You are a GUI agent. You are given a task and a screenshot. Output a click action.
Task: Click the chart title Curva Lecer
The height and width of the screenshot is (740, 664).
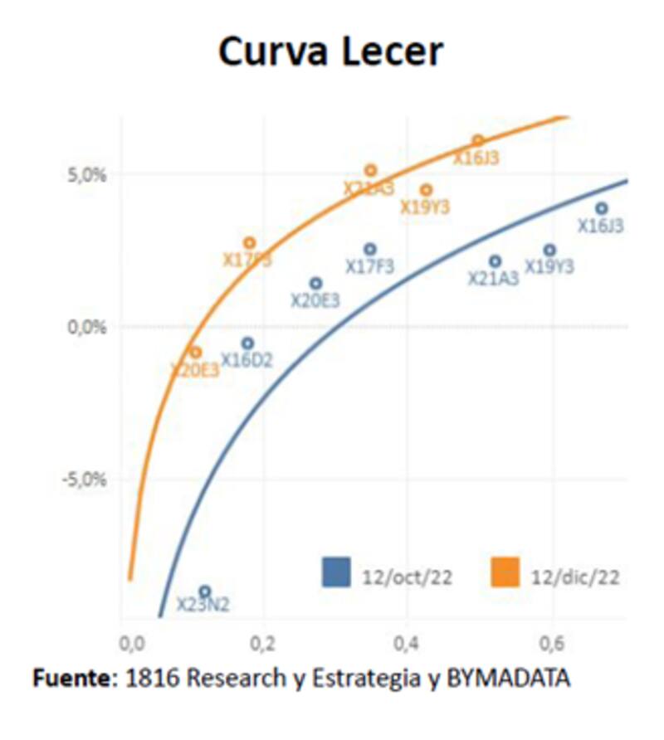(330, 52)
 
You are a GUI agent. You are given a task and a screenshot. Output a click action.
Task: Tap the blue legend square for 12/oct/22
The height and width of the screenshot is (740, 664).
(337, 572)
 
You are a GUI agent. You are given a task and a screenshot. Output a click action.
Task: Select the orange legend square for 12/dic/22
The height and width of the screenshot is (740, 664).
(505, 572)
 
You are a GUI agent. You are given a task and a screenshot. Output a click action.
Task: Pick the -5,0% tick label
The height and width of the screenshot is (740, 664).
(86, 480)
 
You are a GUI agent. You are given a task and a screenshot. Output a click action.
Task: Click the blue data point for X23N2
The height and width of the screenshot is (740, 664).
(205, 591)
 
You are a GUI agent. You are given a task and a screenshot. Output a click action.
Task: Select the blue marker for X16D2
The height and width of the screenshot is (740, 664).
(247, 343)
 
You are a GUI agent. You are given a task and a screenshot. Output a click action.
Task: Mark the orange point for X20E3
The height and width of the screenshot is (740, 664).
(195, 352)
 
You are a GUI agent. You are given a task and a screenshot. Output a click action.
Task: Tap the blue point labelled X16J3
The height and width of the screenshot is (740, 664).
(602, 208)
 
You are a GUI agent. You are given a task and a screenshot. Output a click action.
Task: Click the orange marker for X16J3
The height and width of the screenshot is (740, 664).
(477, 140)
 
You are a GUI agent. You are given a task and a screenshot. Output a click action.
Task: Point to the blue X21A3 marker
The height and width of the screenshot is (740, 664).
(495, 261)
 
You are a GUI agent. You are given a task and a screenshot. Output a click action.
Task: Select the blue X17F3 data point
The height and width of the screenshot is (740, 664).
(370, 249)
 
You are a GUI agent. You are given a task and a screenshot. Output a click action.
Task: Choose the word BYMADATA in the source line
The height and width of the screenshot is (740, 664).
(509, 679)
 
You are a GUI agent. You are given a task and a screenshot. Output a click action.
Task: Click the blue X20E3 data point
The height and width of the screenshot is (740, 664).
(315, 284)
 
